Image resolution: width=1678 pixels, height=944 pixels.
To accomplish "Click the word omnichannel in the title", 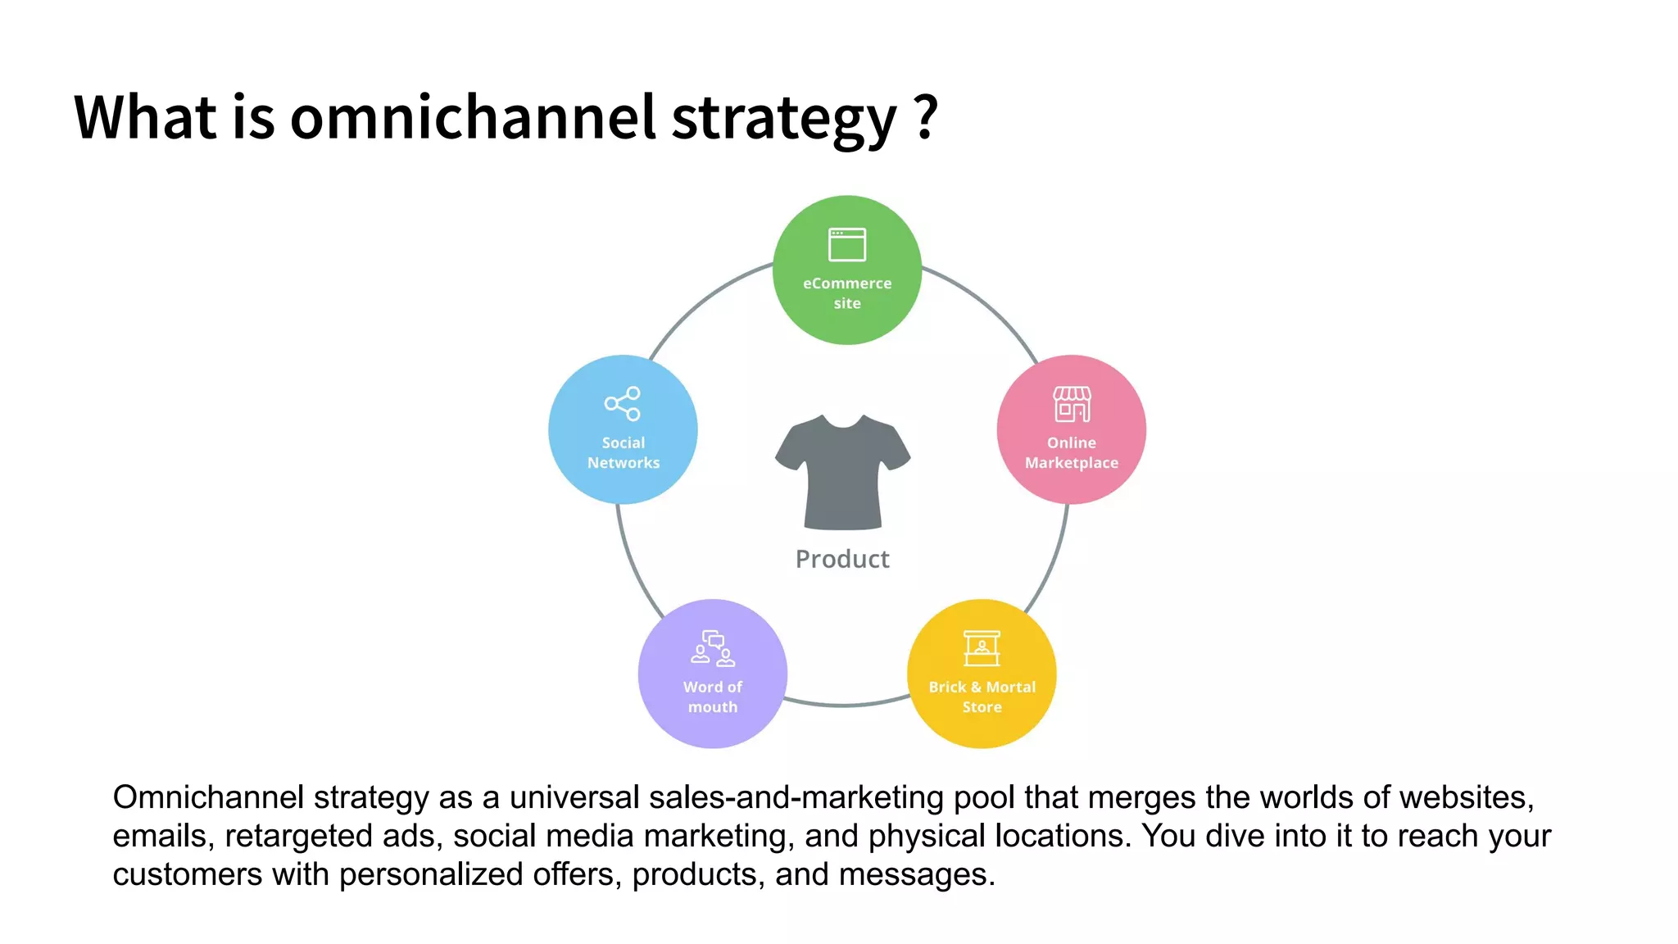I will [x=473, y=117].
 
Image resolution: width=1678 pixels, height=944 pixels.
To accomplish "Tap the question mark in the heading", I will [x=926, y=117].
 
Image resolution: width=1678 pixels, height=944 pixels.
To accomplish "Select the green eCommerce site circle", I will [x=847, y=270].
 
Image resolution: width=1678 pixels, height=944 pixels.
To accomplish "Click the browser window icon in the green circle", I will [x=847, y=244].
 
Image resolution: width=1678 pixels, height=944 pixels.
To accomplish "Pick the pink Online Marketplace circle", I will [x=1071, y=429].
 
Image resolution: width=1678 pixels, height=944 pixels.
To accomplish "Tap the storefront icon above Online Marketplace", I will [x=1072, y=404].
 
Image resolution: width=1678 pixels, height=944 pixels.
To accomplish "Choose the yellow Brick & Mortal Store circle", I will [x=982, y=674].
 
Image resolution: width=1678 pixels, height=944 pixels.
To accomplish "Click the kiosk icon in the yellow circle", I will [x=982, y=648].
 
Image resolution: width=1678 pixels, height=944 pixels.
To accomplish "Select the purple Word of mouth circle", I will [x=713, y=674].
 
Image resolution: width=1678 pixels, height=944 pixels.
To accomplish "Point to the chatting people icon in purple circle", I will [x=713, y=648].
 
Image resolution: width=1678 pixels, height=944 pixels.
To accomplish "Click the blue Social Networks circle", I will [x=623, y=429].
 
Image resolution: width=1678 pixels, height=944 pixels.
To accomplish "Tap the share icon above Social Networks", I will [x=623, y=403].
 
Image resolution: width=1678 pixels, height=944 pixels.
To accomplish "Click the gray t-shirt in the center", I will [x=843, y=474].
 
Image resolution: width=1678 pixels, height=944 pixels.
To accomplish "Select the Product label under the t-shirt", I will [x=842, y=559].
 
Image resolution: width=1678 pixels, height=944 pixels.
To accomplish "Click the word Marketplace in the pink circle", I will [x=1071, y=463].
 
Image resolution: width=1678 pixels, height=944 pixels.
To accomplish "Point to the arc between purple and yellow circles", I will [x=844, y=705].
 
